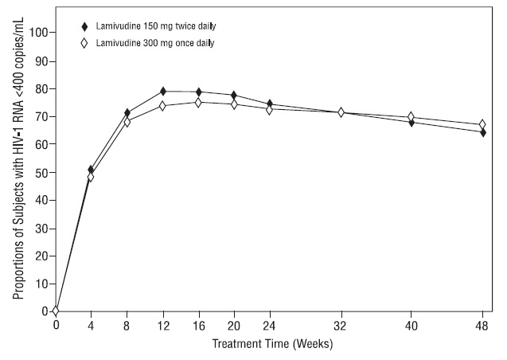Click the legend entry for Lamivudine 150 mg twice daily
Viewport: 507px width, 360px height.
pyautogui.click(x=140, y=25)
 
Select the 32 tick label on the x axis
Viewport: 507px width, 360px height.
pyautogui.click(x=341, y=325)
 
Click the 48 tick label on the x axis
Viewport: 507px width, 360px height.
pyautogui.click(x=482, y=325)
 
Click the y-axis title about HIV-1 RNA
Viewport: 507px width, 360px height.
pyautogui.click(x=18, y=172)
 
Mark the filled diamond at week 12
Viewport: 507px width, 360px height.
pyautogui.click(x=162, y=92)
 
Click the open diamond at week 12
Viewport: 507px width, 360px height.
pyautogui.click(x=162, y=105)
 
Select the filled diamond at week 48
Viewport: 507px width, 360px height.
pyautogui.click(x=482, y=132)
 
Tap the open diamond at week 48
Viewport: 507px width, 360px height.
pyautogui.click(x=482, y=124)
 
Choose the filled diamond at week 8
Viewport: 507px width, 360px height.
pyautogui.click(x=127, y=113)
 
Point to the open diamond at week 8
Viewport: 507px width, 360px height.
pyautogui.click(x=127, y=122)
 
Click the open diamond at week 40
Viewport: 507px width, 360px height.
pyautogui.click(x=411, y=117)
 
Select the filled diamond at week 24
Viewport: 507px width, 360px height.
pyautogui.click(x=269, y=104)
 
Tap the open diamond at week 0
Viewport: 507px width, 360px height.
pyautogui.click(x=56, y=311)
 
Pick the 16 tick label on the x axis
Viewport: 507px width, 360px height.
pyautogui.click(x=198, y=325)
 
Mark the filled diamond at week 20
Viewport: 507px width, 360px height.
pyautogui.click(x=233, y=96)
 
